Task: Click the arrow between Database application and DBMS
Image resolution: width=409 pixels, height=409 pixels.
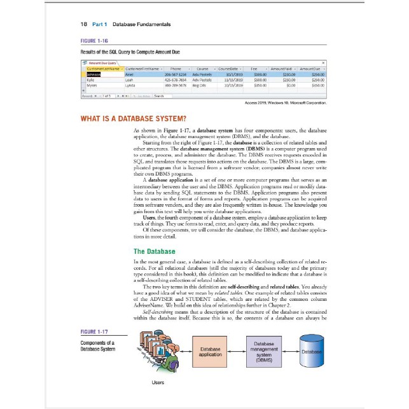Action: pyautogui.click(x=237, y=352)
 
